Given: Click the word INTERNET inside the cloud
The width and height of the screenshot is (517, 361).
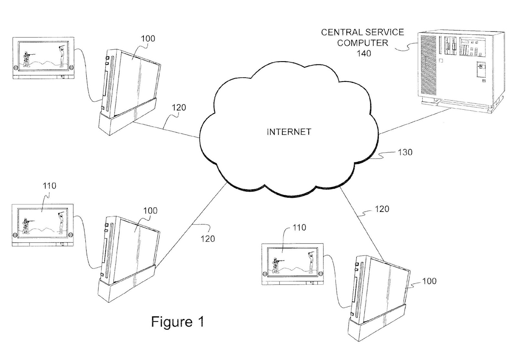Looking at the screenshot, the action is click(x=289, y=132).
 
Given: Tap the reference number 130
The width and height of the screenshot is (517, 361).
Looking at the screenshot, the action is click(x=405, y=152).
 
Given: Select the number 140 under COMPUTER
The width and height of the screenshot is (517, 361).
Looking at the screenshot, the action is click(x=364, y=53).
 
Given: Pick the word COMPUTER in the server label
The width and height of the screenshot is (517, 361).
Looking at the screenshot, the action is click(x=363, y=43).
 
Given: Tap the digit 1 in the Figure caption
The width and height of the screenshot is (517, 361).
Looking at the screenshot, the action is click(x=201, y=321).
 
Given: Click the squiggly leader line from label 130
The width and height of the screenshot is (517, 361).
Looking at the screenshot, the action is click(x=383, y=156).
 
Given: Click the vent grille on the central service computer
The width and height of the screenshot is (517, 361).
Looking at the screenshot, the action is click(x=428, y=65).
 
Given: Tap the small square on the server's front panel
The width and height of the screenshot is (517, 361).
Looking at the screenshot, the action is click(x=441, y=60).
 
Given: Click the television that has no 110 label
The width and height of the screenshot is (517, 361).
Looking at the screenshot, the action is click(x=43, y=58).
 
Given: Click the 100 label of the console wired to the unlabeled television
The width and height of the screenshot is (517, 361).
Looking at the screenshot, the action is click(x=148, y=38).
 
